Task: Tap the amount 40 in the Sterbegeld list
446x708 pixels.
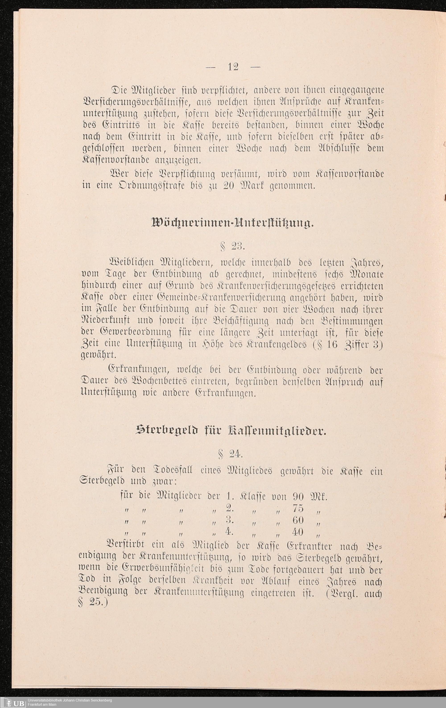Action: point(298,532)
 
